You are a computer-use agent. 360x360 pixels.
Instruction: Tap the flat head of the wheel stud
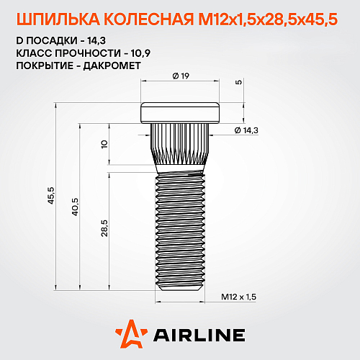point(180,112)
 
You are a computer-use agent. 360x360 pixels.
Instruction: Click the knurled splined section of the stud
point(180,148)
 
